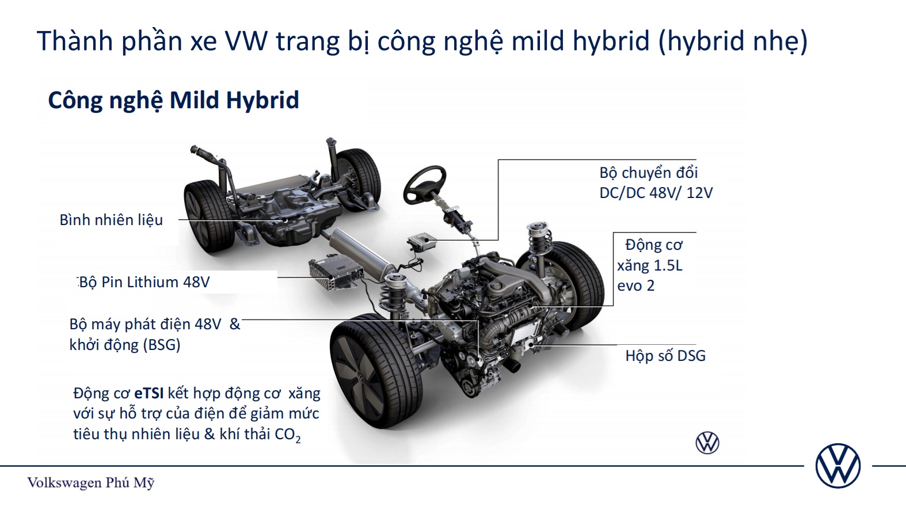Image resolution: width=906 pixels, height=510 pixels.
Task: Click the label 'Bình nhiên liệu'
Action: tap(111, 220)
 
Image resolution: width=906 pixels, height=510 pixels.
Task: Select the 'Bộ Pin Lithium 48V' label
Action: tap(144, 282)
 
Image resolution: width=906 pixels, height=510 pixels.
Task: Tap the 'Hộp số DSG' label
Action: tap(665, 356)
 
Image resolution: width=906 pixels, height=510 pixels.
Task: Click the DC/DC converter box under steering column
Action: tap(422, 242)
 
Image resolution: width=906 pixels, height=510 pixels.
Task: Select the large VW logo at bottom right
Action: tap(838, 466)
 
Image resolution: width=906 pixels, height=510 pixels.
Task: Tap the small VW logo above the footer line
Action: tap(707, 443)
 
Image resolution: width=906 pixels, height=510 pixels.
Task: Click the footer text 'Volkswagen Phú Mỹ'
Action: tap(90, 483)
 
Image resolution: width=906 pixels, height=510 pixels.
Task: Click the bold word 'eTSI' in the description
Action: tap(149, 393)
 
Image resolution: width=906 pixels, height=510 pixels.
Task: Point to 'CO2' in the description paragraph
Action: tap(288, 435)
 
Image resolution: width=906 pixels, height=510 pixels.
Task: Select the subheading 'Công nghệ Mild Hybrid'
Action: tap(173, 100)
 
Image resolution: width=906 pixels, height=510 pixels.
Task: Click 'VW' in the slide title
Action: tap(246, 41)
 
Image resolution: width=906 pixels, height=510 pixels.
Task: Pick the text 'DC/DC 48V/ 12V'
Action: tap(656, 193)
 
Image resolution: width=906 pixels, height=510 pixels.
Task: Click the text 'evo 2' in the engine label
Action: tap(635, 286)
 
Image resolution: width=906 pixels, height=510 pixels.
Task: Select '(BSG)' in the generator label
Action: tap(161, 345)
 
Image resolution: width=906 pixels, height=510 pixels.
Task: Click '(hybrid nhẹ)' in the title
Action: tap(733, 41)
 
